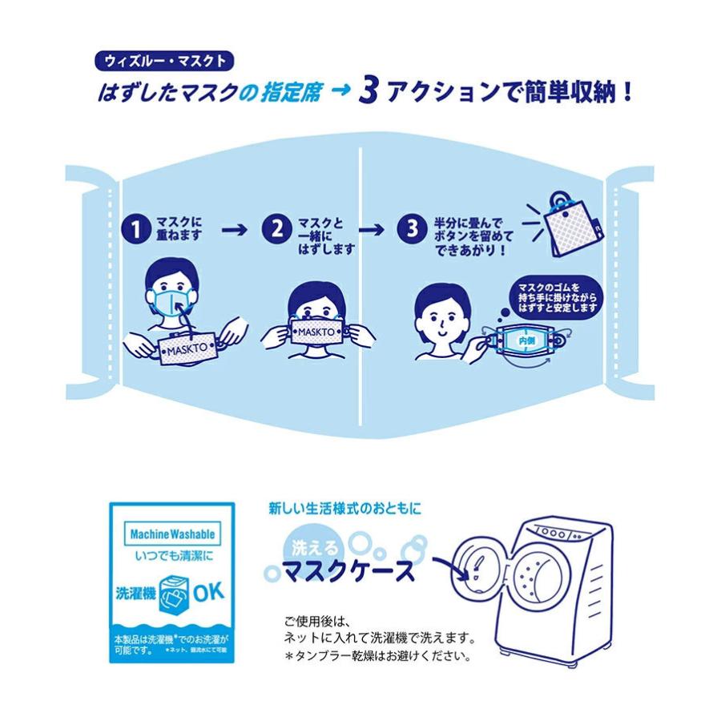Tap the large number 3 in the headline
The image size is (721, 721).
[368, 92]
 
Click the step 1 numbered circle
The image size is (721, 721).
[135, 229]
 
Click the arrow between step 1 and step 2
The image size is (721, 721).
[234, 229]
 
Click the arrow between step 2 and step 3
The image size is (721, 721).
[373, 229]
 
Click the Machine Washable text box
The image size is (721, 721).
[171, 533]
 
